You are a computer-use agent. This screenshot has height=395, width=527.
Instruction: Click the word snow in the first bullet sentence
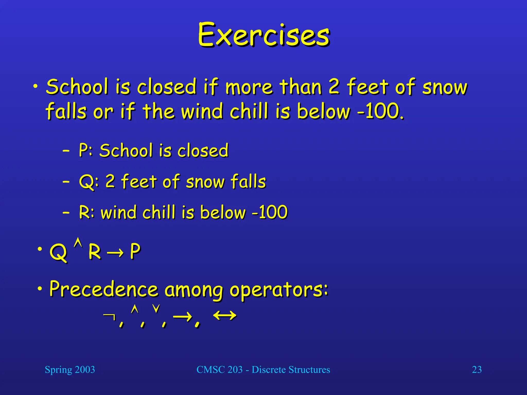coord(445,87)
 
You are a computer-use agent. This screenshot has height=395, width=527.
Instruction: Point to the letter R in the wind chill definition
coord(84,212)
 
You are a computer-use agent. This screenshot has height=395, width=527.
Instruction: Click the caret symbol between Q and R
coord(78,243)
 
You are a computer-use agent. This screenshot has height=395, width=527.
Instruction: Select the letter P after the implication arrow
coord(135,251)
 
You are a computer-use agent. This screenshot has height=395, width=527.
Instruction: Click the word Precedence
coord(103,289)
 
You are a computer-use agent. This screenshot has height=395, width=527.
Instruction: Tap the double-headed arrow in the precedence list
coord(224,316)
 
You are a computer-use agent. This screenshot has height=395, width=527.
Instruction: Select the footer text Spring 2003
coord(70,370)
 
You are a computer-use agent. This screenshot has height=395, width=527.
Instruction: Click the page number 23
coord(477,370)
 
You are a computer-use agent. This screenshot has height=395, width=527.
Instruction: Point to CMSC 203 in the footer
coord(219,370)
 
